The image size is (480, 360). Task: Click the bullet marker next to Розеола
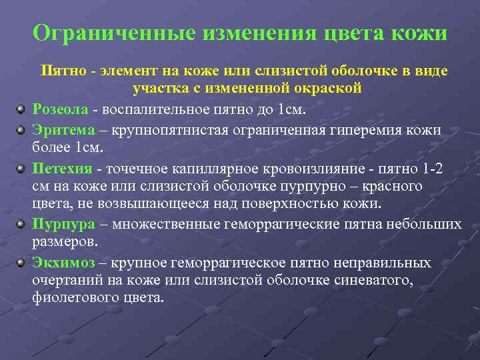(x=21, y=109)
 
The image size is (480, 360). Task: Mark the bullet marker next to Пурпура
(x=21, y=224)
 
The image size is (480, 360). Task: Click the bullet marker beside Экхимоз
(x=21, y=262)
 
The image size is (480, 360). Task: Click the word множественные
(x=164, y=223)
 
